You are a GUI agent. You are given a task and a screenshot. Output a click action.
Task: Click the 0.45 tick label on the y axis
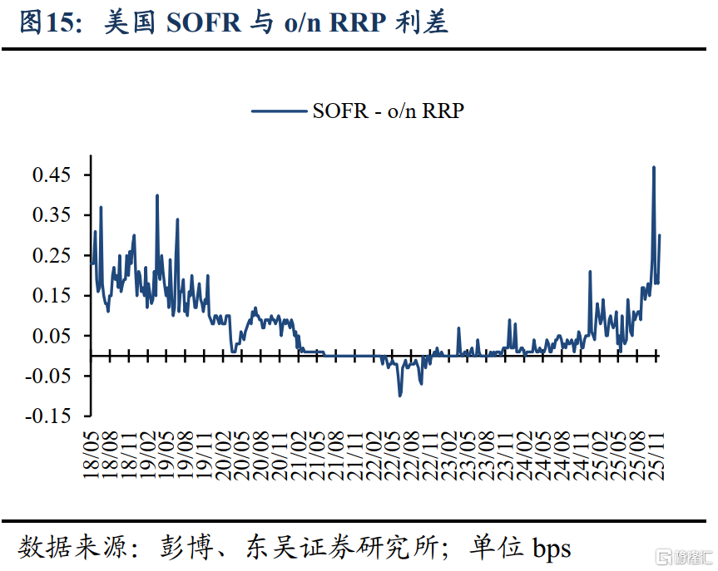pos(51,175)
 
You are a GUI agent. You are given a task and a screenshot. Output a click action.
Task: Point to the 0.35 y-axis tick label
pos(51,215)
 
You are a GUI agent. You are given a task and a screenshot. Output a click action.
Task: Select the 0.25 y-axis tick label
pos(51,255)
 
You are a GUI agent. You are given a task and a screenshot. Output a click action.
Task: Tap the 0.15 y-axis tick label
pos(51,296)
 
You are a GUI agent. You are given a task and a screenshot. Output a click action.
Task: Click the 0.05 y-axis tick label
pos(51,336)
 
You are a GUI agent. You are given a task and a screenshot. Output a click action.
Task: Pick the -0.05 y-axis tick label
pos(47,376)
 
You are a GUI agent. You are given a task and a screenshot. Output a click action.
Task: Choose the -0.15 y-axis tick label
pos(47,416)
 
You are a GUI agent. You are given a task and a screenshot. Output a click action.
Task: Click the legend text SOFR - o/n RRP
pos(387,111)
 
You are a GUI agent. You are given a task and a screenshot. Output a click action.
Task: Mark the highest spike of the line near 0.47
pos(654,168)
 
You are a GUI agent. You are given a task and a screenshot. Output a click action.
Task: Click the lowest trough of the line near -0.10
pos(400,395)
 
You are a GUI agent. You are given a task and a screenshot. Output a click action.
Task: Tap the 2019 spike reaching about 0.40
pos(157,196)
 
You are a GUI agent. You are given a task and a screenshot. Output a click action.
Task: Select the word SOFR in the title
pos(202,23)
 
